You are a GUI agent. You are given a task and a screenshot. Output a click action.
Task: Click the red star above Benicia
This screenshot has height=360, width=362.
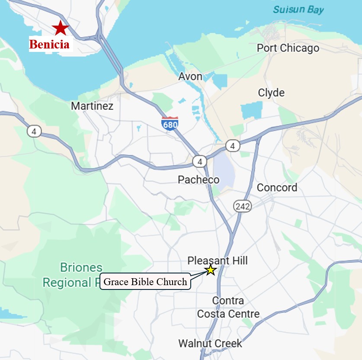(x=61, y=28)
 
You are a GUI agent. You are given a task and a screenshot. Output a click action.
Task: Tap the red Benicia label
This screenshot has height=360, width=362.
(x=49, y=44)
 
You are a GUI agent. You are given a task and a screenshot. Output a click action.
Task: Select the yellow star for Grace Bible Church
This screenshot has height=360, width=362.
(x=211, y=270)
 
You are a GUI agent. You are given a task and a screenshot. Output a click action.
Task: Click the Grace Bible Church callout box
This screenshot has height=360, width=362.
(x=145, y=282)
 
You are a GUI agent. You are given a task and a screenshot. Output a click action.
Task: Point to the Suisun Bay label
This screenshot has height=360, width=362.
(x=298, y=10)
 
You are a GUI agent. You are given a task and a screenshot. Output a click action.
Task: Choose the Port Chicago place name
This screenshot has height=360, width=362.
(x=288, y=48)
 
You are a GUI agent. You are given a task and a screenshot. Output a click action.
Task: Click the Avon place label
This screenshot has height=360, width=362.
(x=190, y=77)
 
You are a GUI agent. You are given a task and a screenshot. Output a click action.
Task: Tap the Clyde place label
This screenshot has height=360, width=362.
(x=271, y=93)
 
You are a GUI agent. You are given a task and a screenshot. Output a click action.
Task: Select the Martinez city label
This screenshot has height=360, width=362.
(x=92, y=106)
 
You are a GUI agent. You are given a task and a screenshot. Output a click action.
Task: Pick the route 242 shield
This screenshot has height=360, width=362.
(x=243, y=206)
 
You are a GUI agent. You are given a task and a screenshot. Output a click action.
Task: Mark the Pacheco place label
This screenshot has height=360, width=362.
(x=199, y=180)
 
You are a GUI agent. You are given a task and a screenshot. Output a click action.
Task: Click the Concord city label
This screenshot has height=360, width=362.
(x=277, y=188)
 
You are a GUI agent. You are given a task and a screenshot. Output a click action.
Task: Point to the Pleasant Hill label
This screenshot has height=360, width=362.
(x=218, y=260)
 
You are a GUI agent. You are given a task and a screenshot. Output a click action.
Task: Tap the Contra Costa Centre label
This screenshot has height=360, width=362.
(x=228, y=307)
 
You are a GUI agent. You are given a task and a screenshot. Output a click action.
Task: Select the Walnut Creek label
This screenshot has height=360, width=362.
(x=210, y=344)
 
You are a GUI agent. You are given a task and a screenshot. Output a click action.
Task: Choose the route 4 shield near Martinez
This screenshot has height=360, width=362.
(x=34, y=131)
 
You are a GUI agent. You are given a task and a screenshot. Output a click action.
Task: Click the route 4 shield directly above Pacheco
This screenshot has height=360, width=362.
(x=199, y=162)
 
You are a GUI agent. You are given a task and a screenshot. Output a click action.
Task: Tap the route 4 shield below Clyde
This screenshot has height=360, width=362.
(x=233, y=146)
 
